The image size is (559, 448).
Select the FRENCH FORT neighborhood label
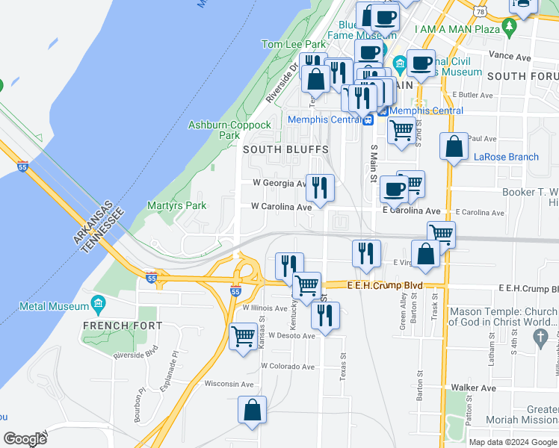click(111, 326)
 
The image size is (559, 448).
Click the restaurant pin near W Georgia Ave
click(321, 187)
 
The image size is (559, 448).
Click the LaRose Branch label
click(506, 157)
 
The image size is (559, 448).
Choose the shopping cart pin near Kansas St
click(244, 336)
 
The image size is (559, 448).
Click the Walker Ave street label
click(474, 388)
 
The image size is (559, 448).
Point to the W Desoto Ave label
click(289, 335)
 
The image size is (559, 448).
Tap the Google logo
click(25, 439)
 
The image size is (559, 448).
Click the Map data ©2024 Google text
click(513, 442)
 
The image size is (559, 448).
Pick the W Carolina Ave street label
click(281, 206)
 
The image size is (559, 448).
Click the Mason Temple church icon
click(540, 337)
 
